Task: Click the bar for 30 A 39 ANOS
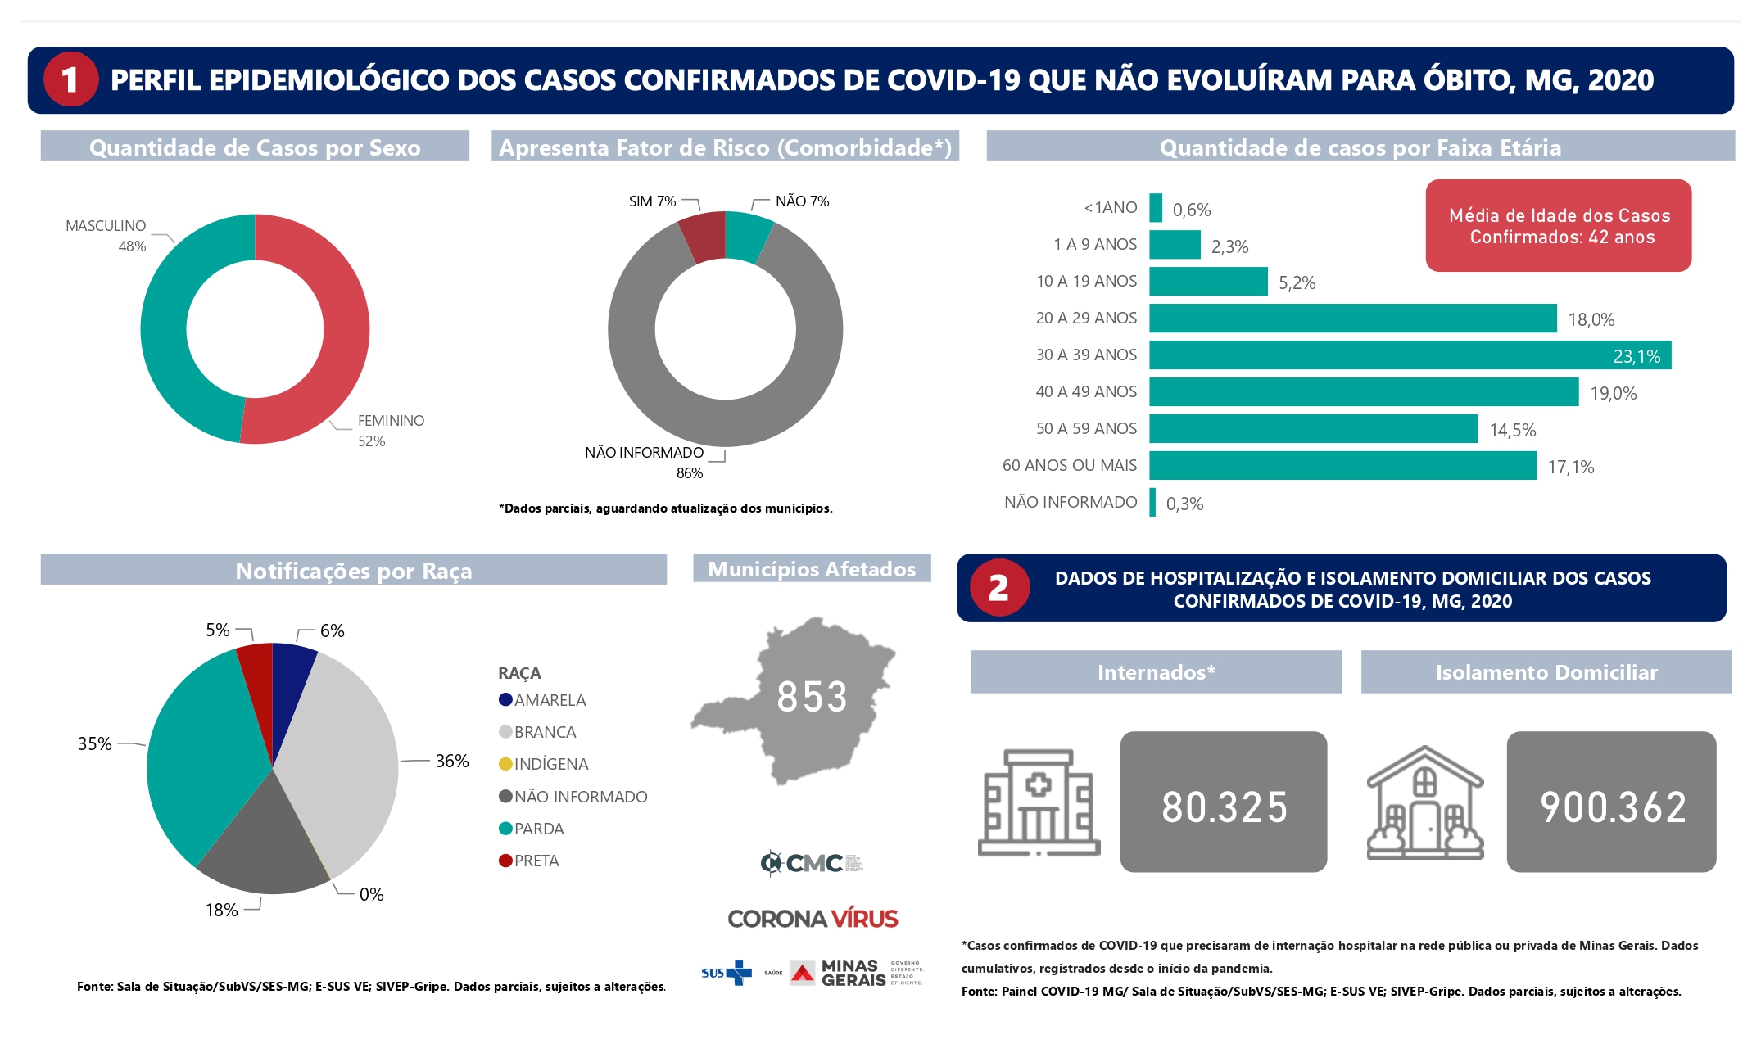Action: coord(1409,355)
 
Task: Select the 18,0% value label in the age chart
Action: coord(1591,319)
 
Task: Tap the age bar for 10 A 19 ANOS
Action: coord(1208,282)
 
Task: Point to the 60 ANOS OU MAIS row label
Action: coord(1069,465)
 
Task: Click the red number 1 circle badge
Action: coord(70,79)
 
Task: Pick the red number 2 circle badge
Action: coord(998,588)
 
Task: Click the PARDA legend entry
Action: coord(538,829)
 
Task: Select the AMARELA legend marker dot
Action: coord(505,700)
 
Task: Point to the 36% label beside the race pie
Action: coord(451,761)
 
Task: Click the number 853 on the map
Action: coord(812,697)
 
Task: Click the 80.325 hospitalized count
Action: coord(1224,807)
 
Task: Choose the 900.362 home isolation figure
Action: coord(1612,807)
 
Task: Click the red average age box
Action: coord(1558,226)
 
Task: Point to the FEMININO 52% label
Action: coord(390,431)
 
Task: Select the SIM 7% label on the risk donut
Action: coord(652,201)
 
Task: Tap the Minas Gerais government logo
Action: coord(856,973)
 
